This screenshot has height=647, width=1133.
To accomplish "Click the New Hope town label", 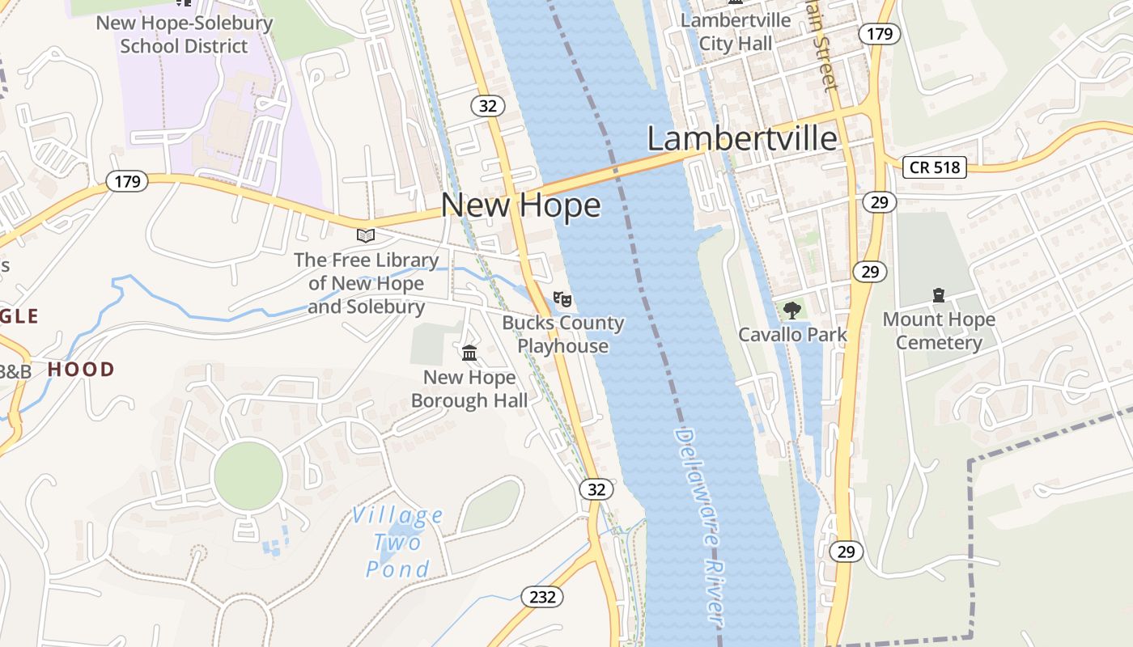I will [x=520, y=205].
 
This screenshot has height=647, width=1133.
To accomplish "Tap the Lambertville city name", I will [x=742, y=138].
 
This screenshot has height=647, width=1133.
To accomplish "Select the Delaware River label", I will [x=698, y=526].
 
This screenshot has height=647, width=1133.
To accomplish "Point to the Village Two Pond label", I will [x=397, y=543].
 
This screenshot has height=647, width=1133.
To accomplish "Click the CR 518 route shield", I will [x=935, y=167].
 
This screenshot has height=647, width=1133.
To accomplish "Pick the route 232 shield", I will [x=541, y=597].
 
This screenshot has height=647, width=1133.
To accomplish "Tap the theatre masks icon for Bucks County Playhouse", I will [x=562, y=299].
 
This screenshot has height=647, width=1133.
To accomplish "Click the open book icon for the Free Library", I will [x=366, y=235].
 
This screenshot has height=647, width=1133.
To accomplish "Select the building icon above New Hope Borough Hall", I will [x=469, y=353].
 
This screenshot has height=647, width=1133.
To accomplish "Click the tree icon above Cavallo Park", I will [x=792, y=310].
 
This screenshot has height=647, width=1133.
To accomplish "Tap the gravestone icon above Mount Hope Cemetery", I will [x=939, y=295].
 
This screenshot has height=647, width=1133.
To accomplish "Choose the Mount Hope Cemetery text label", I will [x=939, y=331].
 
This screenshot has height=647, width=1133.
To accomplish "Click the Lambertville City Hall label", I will [x=736, y=32].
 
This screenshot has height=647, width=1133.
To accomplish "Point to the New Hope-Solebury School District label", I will [x=185, y=34].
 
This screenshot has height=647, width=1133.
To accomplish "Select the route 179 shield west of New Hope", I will [x=127, y=181].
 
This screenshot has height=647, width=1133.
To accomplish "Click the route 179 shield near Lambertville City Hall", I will [x=879, y=33].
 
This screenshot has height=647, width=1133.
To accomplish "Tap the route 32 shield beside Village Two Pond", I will [x=596, y=489].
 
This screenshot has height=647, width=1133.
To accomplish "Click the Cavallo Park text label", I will [x=792, y=335].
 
